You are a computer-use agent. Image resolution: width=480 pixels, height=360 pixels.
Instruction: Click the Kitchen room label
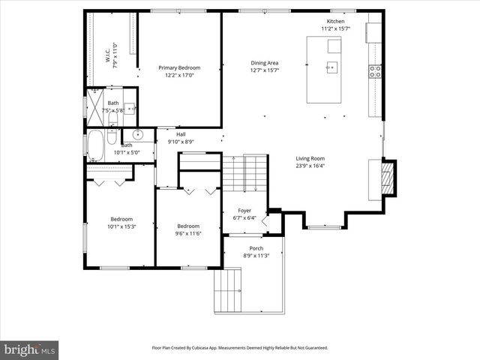point(334,22)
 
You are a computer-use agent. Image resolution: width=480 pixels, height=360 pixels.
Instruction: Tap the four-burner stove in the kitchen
point(374,72)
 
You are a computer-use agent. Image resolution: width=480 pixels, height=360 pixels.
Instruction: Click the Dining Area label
point(264,63)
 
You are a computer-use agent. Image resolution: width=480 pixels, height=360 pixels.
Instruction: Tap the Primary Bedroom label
point(178,68)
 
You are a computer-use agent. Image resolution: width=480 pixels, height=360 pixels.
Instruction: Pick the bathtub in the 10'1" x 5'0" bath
point(95,145)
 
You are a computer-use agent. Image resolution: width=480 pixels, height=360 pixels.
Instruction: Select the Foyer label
point(244,211)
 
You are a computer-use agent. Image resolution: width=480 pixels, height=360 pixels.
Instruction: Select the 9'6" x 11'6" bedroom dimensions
point(188,233)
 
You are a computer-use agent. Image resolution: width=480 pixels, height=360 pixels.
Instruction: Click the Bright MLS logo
point(30,349)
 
